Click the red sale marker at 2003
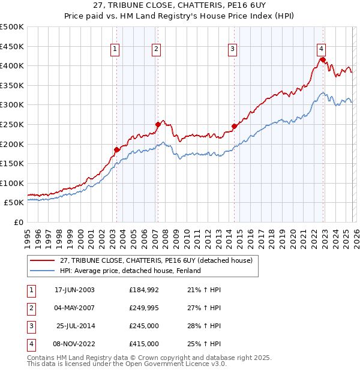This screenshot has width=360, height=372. (116, 149)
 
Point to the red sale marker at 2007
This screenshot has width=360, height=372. (158, 124)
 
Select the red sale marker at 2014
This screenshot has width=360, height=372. (234, 126)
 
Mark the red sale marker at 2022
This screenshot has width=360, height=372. (323, 59)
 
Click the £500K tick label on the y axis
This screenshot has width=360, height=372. (12, 27)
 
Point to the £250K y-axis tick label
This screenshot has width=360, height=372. (12, 124)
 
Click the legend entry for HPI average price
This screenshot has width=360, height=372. (134, 271)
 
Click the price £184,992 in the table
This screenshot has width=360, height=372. (144, 290)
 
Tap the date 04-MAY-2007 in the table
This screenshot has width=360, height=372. (74, 308)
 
